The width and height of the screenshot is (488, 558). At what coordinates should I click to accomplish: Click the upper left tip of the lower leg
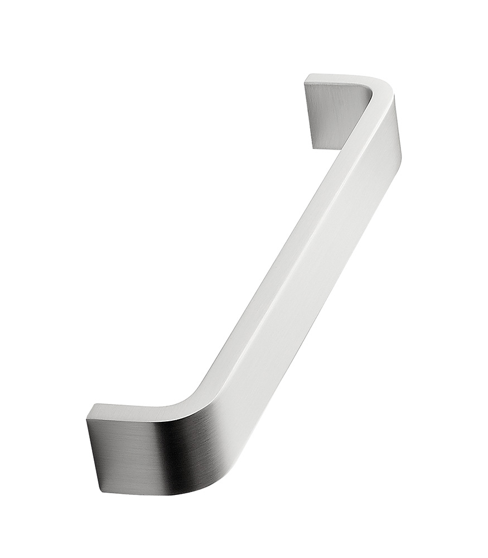[95, 405]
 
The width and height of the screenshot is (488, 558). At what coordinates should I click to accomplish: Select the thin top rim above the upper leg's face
[335, 78]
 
